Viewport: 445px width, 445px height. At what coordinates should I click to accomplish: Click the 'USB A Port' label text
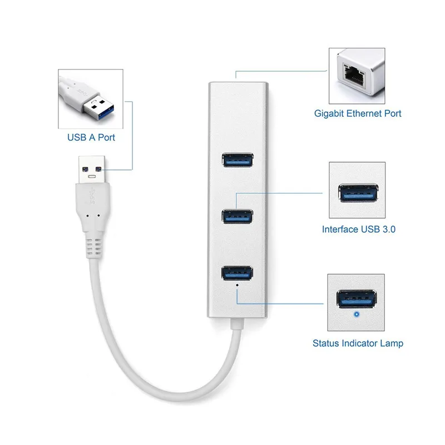pyautogui.click(x=91, y=137)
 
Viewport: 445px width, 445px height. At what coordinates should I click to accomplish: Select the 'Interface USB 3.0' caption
pyautogui.click(x=358, y=229)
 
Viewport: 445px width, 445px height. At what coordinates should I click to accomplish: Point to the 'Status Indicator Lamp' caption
pyautogui.click(x=358, y=343)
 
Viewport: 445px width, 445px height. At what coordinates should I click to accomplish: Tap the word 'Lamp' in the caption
pyautogui.click(x=391, y=343)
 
